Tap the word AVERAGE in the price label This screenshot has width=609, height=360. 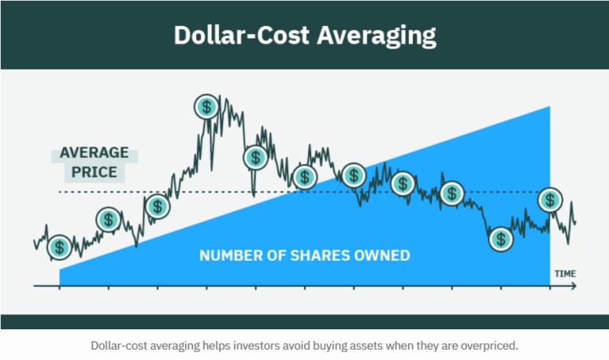(x=93, y=154)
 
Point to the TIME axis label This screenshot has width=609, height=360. (x=564, y=273)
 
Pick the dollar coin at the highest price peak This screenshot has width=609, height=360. (x=206, y=106)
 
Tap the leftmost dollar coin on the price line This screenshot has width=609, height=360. (x=59, y=247)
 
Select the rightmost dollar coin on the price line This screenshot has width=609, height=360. (x=550, y=200)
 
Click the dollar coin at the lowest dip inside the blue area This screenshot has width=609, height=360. (x=499, y=238)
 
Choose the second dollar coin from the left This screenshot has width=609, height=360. (x=108, y=220)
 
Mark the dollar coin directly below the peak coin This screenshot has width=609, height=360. (x=254, y=158)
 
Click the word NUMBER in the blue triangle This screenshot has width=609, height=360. (x=228, y=255)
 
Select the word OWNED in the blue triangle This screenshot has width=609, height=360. (x=383, y=255)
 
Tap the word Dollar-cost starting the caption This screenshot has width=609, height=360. (x=121, y=345)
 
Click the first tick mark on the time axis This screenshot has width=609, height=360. (x=59, y=287)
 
